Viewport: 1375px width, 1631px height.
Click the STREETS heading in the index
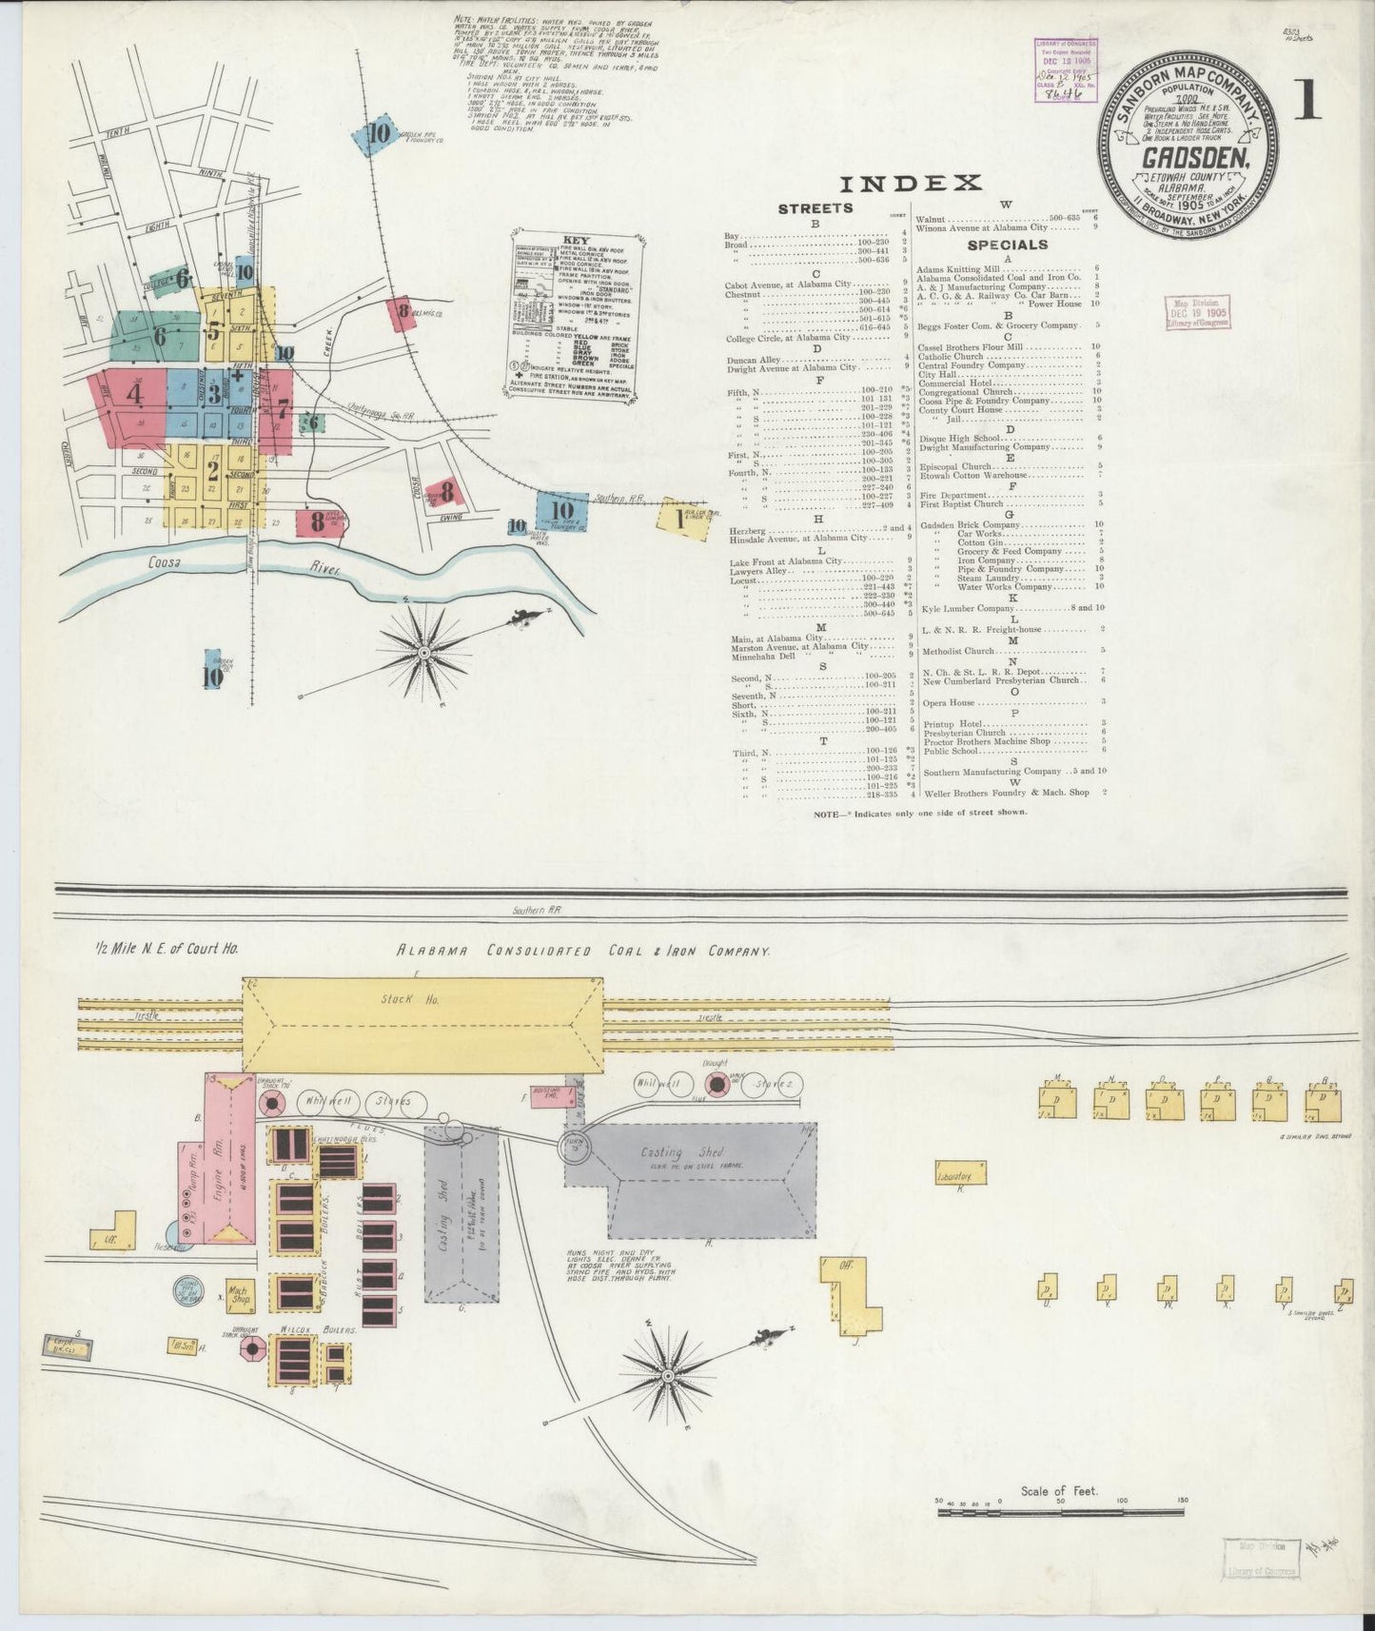[x=815, y=208]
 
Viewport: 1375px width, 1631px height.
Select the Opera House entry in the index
[x=948, y=702]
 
